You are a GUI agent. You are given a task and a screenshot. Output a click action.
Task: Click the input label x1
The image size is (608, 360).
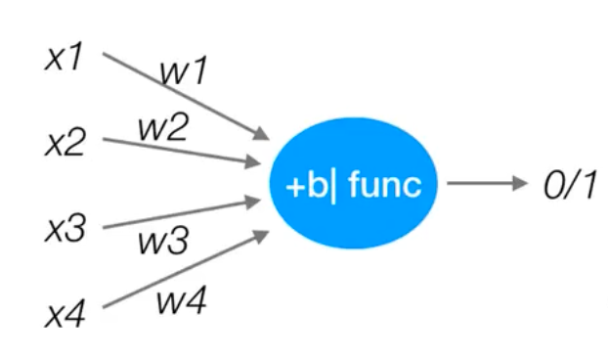pyautogui.click(x=66, y=58)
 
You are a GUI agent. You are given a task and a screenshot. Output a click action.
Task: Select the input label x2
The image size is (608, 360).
pyautogui.click(x=66, y=144)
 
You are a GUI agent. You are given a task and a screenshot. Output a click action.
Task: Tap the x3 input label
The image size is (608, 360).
pyautogui.click(x=66, y=230)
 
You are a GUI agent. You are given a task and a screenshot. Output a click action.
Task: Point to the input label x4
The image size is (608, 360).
pyautogui.click(x=66, y=315)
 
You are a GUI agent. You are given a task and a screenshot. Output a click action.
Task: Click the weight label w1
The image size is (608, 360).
pyautogui.click(x=184, y=70)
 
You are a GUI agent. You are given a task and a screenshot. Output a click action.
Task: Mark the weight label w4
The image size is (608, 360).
pyautogui.click(x=182, y=302)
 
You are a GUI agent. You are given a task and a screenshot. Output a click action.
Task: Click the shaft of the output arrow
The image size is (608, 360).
pyautogui.click(x=479, y=184)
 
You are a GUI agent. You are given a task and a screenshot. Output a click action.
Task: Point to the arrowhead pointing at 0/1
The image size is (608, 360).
pyautogui.click(x=518, y=184)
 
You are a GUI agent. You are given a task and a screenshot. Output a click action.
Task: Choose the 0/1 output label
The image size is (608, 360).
pyautogui.click(x=569, y=184)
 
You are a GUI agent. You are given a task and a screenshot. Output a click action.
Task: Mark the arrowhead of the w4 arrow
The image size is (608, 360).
pyautogui.click(x=263, y=235)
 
